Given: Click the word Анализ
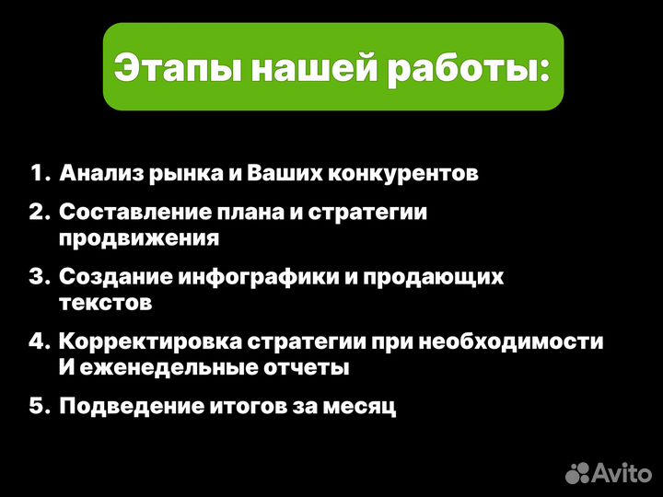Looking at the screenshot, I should pyautogui.click(x=101, y=173).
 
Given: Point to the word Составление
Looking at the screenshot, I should pyautogui.click(x=129, y=213).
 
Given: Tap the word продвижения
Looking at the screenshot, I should pyautogui.click(x=139, y=238).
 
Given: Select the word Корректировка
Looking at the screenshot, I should pyautogui.click(x=150, y=341).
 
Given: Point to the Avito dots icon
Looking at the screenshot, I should pyautogui.click(x=577, y=472).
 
